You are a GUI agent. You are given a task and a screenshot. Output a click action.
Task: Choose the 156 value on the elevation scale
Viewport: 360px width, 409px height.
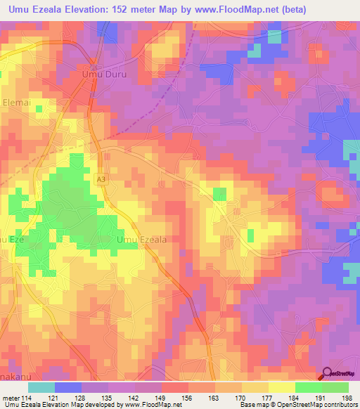click(x=188, y=398)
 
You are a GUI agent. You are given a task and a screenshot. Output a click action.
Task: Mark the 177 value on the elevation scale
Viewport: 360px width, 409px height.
click(x=268, y=398)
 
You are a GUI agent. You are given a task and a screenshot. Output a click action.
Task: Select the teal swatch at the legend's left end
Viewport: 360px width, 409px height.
click(x=41, y=387)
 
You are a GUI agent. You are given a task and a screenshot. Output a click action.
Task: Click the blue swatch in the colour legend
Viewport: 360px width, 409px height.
click(x=68, y=387)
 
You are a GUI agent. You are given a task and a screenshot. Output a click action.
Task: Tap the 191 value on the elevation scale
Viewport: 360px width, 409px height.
click(x=321, y=398)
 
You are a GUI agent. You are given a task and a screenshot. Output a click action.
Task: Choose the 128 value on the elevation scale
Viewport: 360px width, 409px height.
click(x=81, y=398)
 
